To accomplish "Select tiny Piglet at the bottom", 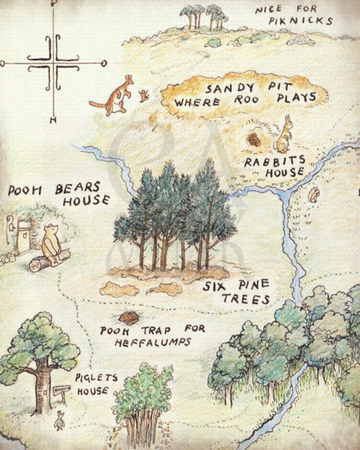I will click(59, 420).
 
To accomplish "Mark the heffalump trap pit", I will click(129, 317).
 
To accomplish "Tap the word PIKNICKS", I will click(300, 21).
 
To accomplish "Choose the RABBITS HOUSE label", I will click(274, 166).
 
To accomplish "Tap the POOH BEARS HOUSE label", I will click(59, 194).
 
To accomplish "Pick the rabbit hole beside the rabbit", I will click(254, 139).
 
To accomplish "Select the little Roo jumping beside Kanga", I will click(145, 96).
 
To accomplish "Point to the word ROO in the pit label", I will click(245, 100).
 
